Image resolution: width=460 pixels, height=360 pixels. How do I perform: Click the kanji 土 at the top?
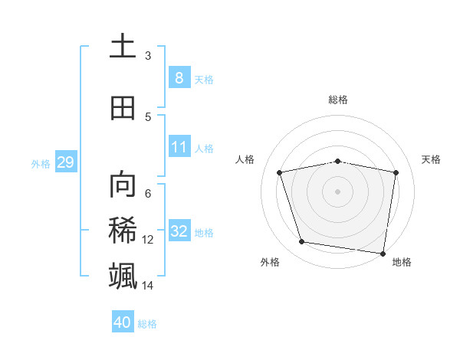click(x=123, y=47)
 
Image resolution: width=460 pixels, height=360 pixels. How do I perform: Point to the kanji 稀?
click(x=123, y=231)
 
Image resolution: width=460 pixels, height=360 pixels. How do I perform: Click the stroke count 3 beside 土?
click(x=148, y=55)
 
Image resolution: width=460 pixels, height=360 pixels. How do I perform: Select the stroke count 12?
click(x=148, y=240)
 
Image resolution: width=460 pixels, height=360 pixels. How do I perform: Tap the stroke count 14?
click(x=148, y=286)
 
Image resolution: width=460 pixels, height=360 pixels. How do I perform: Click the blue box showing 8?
click(x=179, y=77)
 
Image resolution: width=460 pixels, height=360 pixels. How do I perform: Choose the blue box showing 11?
click(x=179, y=146)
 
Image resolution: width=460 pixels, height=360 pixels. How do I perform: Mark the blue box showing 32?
click(x=179, y=231)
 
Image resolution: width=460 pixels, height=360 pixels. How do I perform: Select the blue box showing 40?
click(x=123, y=322)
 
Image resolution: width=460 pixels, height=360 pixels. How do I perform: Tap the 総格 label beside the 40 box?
click(x=147, y=324)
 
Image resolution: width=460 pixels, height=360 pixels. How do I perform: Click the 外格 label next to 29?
click(x=41, y=163)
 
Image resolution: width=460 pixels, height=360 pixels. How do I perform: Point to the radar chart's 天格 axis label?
click(x=431, y=159)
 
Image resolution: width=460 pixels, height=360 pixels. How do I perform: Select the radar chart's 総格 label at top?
click(x=338, y=100)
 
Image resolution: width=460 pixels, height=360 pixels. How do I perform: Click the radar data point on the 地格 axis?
click(x=383, y=253)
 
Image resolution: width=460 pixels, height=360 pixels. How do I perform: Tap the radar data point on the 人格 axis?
click(x=280, y=172)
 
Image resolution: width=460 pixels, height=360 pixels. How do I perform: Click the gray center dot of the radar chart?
click(x=338, y=191)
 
